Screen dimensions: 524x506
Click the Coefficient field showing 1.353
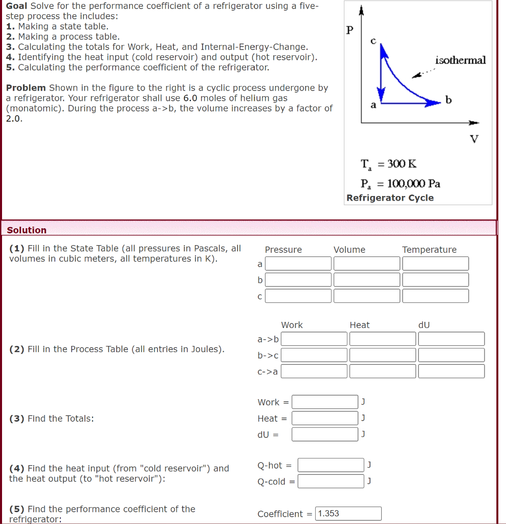[348, 513]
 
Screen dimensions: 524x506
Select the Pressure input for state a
[298, 264]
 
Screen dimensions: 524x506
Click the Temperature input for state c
[435, 296]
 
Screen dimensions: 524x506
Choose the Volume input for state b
[366, 280]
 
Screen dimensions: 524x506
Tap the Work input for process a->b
[314, 339]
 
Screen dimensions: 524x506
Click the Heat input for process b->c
[382, 355]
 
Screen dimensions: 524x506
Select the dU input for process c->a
[451, 371]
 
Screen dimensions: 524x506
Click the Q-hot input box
[331, 465]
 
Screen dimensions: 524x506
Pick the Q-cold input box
[331, 482]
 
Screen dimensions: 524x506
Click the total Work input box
[325, 402]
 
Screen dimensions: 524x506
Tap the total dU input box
[325, 434]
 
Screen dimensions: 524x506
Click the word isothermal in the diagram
[460, 60]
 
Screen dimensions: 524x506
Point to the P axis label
[349, 30]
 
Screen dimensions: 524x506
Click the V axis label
[474, 139]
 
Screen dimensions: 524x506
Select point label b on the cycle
[448, 100]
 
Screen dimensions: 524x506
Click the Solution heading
[27, 230]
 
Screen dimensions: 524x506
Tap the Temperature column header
[429, 250]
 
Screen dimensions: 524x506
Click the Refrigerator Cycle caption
[390, 198]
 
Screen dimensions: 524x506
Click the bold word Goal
[17, 6]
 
